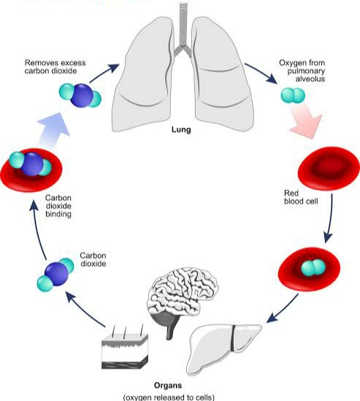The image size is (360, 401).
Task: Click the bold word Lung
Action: point(181,129)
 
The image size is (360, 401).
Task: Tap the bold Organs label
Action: point(168,386)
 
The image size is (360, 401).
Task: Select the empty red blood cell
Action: point(329,168)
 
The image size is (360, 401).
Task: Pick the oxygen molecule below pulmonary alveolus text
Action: point(293,96)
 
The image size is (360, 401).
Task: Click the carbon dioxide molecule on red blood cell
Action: point(31,164)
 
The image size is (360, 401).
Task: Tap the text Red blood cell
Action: point(301,197)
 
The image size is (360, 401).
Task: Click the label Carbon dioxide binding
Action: point(58,206)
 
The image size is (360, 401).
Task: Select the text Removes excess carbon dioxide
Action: point(55,66)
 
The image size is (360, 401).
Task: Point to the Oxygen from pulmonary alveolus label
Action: point(302,71)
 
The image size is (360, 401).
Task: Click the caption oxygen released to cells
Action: point(169,397)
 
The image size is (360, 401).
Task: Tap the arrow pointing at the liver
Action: point(282,308)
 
